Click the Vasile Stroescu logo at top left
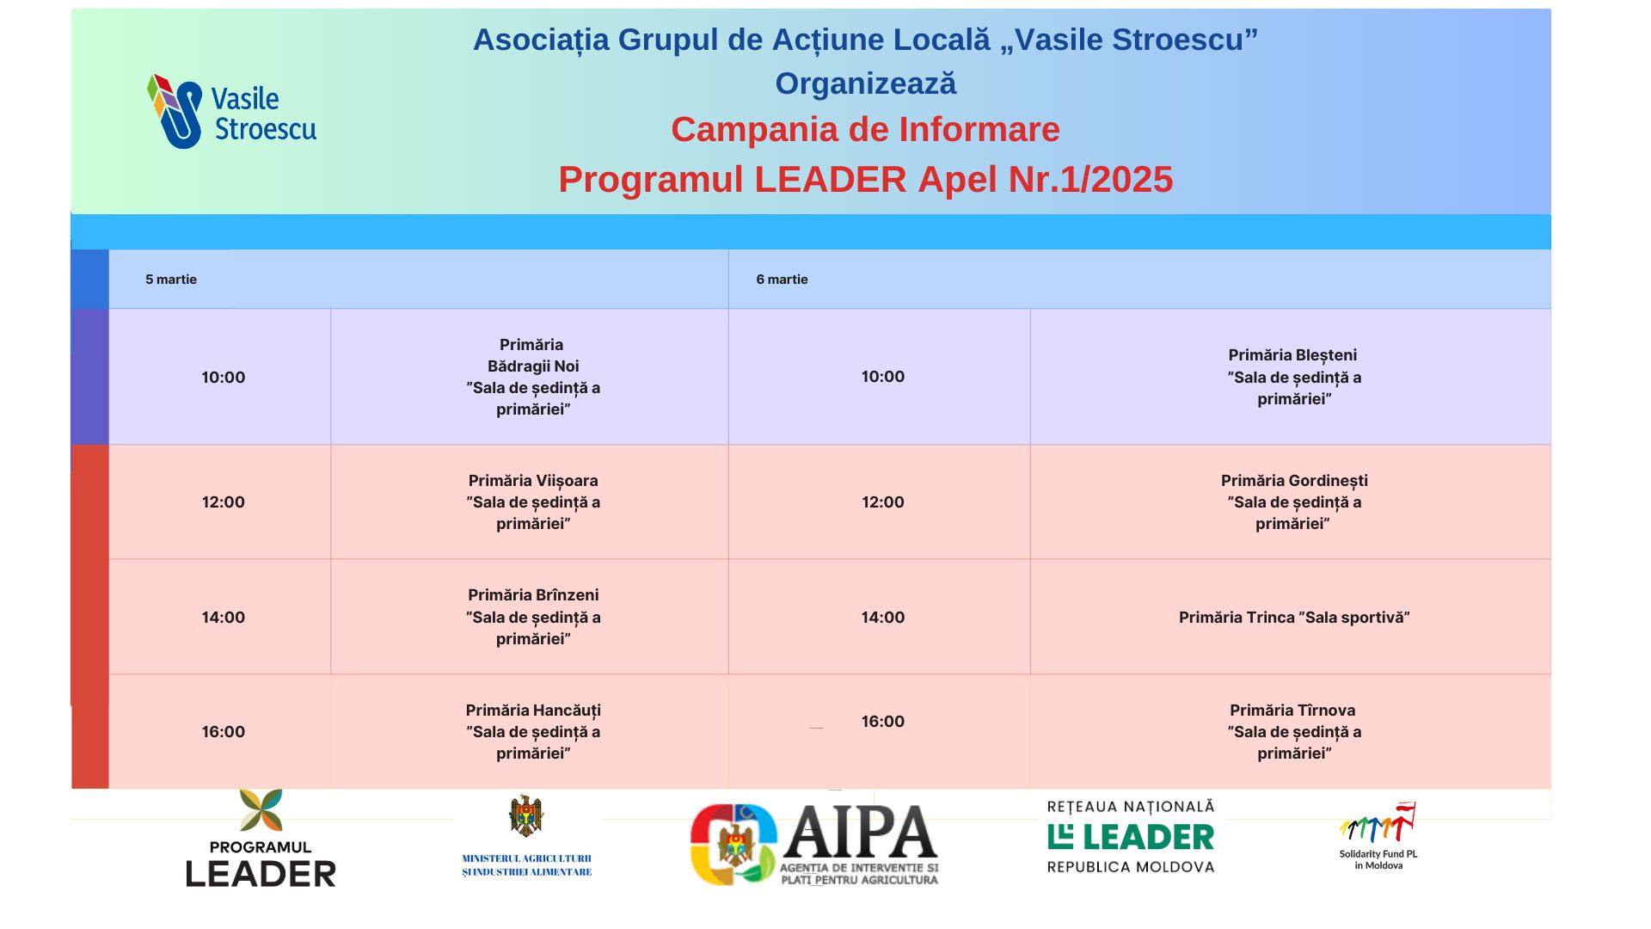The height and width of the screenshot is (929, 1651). click(231, 111)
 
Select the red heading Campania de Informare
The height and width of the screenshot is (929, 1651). click(865, 130)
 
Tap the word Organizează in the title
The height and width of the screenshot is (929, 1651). click(865, 83)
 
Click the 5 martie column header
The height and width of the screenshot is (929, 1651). click(419, 279)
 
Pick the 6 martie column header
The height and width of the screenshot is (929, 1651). click(1139, 279)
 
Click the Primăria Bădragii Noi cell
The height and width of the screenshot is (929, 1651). click(530, 377)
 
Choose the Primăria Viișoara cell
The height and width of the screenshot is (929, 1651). click(530, 502)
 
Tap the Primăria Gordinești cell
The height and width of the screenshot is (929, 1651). click(1291, 502)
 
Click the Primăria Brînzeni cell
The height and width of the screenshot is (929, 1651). click(530, 617)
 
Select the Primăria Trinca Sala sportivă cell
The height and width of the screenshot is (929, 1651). click(1291, 617)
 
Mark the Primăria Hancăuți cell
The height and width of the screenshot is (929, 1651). click(530, 731)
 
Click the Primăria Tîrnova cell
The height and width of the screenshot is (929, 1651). click(1291, 731)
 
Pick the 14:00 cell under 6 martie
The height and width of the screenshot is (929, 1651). click(880, 617)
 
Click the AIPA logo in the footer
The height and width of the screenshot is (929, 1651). click(814, 845)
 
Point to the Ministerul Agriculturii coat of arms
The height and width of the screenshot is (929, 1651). click(526, 815)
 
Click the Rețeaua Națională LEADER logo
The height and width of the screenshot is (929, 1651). click(1131, 836)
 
